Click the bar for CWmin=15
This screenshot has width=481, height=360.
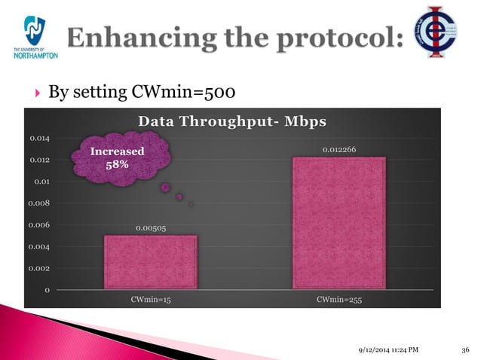pyautogui.click(x=151, y=261)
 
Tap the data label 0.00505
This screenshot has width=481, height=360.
pyautogui.click(x=151, y=228)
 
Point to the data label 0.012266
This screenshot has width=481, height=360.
pyautogui.click(x=339, y=150)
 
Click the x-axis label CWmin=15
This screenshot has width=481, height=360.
pyautogui.click(x=151, y=300)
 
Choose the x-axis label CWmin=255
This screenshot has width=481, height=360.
pyautogui.click(x=339, y=300)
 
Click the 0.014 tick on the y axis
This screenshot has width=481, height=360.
pyautogui.click(x=40, y=139)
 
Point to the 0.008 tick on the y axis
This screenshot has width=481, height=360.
pyautogui.click(x=40, y=203)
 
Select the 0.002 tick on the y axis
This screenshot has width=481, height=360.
pyautogui.click(x=40, y=268)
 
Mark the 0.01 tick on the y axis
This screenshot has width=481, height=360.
pyautogui.click(x=41, y=182)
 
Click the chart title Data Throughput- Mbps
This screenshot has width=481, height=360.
pyautogui.click(x=231, y=122)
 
